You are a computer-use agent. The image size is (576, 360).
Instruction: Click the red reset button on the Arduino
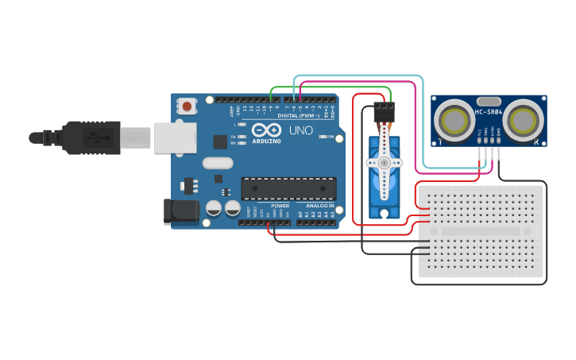coord(187,106)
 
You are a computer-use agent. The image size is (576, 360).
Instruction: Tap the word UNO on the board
coord(300,130)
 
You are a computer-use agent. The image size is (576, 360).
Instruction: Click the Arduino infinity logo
coord(265,130)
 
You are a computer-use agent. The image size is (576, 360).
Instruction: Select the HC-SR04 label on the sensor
coord(489,112)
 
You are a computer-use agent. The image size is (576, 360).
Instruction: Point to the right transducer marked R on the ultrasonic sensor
coord(524,120)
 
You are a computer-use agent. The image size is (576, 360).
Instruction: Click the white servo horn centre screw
coord(384,163)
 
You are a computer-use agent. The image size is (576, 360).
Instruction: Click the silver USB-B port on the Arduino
coord(174,137)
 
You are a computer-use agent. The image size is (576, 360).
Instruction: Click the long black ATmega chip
coord(288,188)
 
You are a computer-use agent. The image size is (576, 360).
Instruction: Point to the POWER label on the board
coord(280,206)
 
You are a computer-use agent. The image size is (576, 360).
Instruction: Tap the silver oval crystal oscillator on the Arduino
coord(218,163)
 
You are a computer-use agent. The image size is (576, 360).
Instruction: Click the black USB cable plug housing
coord(91,137)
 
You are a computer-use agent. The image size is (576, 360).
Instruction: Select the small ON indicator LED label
coord(330,137)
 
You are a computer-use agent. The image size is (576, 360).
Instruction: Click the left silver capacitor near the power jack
coord(214,208)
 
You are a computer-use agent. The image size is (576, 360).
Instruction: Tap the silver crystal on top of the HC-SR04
coord(489,102)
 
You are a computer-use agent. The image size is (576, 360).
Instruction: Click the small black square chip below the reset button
coord(220,141)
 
